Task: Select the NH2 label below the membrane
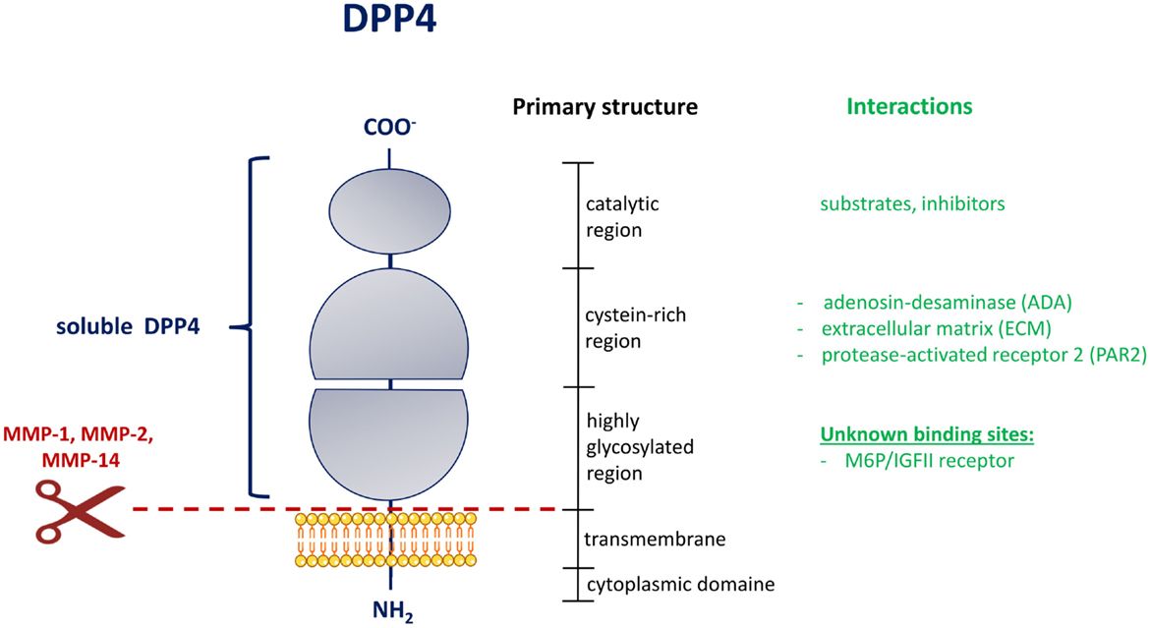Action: click(391, 610)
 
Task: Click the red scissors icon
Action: click(80, 508)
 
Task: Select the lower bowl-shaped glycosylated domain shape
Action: click(390, 442)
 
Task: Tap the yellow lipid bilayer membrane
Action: click(391, 539)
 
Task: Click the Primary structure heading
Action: click(604, 106)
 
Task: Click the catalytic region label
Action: click(622, 217)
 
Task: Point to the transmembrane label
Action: click(641, 539)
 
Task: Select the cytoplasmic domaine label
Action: click(680, 584)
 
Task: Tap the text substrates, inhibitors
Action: click(912, 204)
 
